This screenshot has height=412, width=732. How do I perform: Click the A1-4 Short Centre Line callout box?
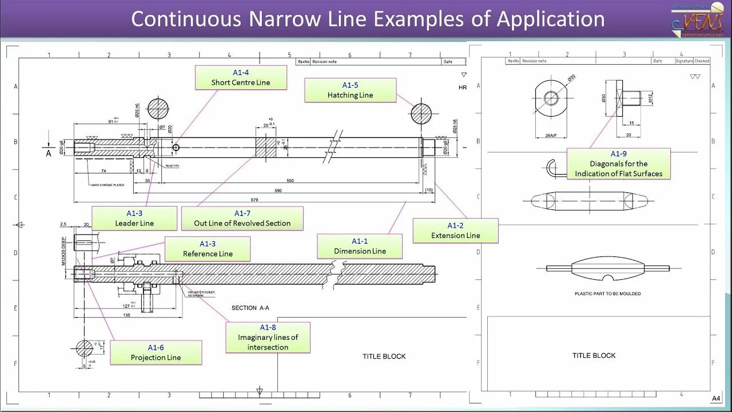click(x=241, y=77)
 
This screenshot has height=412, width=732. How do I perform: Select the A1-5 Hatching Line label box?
click(x=350, y=90)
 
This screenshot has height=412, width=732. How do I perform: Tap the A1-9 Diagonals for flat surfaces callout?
click(x=618, y=164)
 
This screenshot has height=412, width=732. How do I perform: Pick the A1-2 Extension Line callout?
click(x=455, y=231)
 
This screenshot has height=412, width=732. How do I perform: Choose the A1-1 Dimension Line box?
click(x=360, y=246)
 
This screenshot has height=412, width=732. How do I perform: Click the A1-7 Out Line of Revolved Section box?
click(x=242, y=218)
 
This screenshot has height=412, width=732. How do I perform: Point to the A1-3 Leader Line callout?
click(x=134, y=218)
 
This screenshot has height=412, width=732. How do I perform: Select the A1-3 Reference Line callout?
click(x=208, y=249)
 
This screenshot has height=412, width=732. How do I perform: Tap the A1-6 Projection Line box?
click(x=156, y=352)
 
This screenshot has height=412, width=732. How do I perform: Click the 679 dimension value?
click(x=255, y=200)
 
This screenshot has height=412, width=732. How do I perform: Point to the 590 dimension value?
click(x=279, y=191)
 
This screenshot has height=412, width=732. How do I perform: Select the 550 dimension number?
click(x=290, y=181)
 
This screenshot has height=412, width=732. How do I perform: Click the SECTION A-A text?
click(x=250, y=308)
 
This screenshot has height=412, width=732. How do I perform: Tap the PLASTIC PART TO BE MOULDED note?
click(x=607, y=294)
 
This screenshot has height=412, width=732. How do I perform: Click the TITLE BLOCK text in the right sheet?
click(x=594, y=355)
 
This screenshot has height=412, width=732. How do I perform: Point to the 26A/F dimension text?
click(x=550, y=136)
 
